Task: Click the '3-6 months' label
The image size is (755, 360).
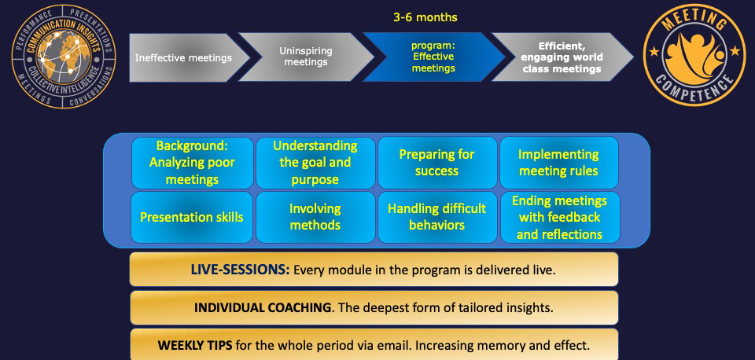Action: click(x=425, y=18)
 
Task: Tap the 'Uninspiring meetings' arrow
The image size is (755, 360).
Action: click(x=306, y=57)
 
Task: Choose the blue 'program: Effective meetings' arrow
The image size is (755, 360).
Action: click(x=433, y=57)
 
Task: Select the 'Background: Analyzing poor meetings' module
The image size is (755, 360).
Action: click(x=192, y=163)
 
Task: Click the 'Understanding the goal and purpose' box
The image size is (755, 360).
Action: click(x=315, y=163)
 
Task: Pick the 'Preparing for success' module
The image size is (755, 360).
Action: click(x=437, y=163)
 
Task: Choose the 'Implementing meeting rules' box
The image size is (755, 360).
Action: click(x=559, y=163)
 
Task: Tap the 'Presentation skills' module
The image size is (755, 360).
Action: click(x=192, y=217)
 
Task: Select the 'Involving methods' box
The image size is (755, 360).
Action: click(x=315, y=217)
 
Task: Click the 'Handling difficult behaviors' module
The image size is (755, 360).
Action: click(x=437, y=217)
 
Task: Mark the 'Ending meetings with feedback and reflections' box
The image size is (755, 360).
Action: click(x=560, y=217)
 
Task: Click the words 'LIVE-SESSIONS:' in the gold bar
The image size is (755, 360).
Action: click(x=241, y=270)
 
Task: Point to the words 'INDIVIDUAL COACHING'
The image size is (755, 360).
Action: click(x=263, y=307)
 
